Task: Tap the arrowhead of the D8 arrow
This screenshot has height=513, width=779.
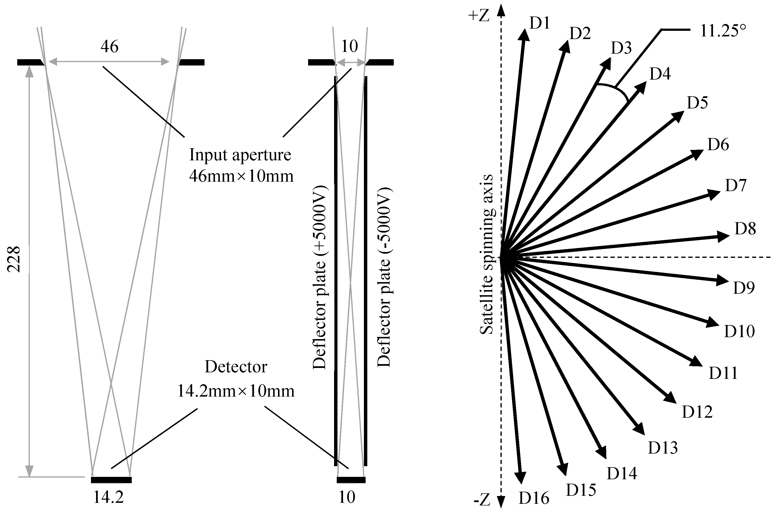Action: [x=724, y=236]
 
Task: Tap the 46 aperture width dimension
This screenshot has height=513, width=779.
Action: [x=109, y=47]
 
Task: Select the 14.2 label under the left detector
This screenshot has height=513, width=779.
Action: [x=108, y=498]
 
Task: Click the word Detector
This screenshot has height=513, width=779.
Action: [x=236, y=367]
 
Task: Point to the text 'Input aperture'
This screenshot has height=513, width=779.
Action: [x=240, y=155]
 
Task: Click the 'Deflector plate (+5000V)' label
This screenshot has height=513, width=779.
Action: [x=320, y=277]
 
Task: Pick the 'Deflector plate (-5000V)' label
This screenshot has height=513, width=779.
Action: [x=384, y=277]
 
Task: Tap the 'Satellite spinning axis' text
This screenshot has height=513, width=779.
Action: [x=486, y=254]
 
